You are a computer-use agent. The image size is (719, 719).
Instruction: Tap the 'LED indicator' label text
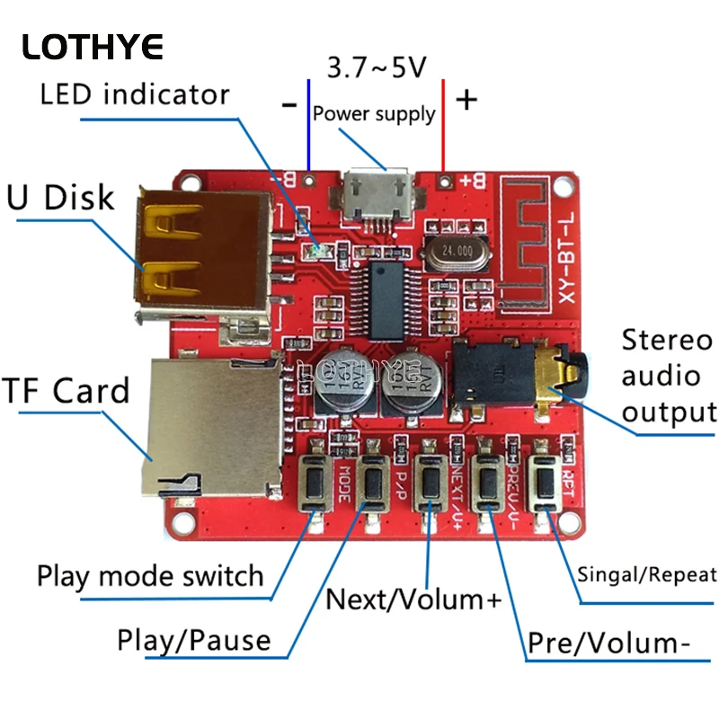135,93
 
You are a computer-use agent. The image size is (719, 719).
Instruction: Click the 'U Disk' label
60,197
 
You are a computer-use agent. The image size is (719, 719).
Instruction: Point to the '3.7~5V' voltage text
377,67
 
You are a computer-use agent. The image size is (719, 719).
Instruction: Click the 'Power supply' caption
374,114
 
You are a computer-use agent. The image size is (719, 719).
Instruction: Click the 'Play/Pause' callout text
194,641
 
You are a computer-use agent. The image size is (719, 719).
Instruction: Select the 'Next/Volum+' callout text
413,599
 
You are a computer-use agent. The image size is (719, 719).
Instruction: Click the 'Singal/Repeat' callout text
647,575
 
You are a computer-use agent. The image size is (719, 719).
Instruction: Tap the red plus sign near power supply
466,100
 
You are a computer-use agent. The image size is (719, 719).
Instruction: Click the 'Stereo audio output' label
667,377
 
